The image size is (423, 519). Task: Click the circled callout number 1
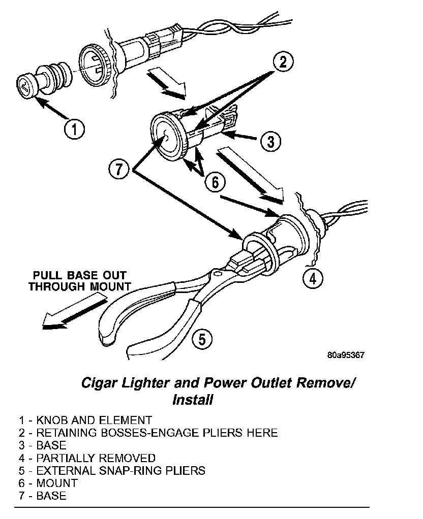coord(74,129)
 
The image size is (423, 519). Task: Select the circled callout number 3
coord(270,141)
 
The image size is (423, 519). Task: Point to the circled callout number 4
coord(313,278)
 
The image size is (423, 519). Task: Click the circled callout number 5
coord(202,338)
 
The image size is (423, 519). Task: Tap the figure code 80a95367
coord(346,355)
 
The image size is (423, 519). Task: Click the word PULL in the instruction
coord(45,275)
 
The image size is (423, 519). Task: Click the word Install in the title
coord(193,400)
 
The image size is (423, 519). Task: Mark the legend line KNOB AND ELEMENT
coord(85,420)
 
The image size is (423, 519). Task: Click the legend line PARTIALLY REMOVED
coord(87,458)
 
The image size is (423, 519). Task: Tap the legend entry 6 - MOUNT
coord(48,483)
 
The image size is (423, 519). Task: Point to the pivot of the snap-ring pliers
coord(218,275)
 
